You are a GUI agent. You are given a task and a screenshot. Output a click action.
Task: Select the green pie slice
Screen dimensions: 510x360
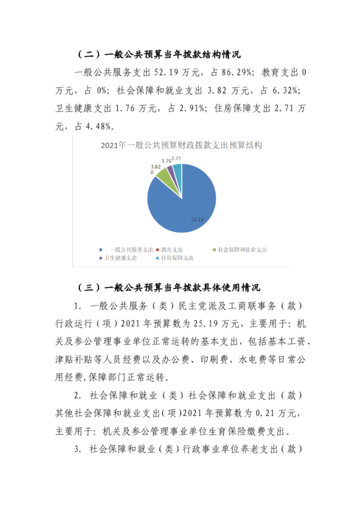[163, 174]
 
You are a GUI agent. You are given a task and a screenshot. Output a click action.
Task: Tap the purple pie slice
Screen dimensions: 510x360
[170, 169]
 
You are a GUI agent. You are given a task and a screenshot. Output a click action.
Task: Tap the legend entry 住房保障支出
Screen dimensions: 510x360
[175, 258]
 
